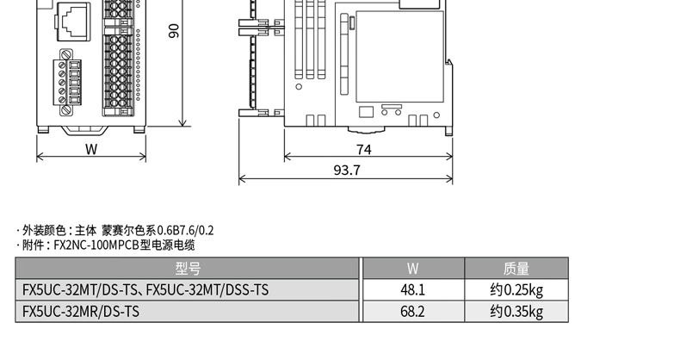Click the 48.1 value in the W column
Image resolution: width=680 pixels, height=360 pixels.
(x=412, y=289)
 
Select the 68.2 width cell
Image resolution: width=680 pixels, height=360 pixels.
(x=412, y=312)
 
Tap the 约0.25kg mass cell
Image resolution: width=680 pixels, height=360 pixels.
(x=516, y=290)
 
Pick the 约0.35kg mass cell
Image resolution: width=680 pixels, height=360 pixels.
(x=516, y=312)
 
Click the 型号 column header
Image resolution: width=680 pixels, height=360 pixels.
(x=188, y=269)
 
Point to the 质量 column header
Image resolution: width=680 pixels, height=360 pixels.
(x=516, y=269)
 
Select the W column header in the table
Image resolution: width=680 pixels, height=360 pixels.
(x=412, y=269)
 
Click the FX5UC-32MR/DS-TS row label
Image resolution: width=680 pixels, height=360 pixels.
(x=81, y=312)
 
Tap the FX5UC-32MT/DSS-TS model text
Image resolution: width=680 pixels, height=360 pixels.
(x=207, y=289)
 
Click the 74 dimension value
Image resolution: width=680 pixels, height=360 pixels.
(x=364, y=149)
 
